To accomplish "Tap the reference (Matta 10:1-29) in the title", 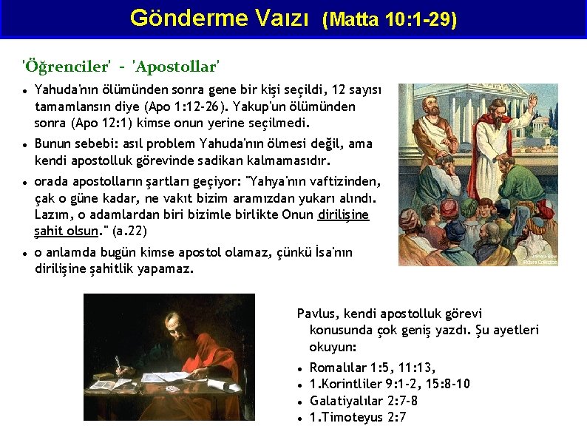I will (x=389, y=20).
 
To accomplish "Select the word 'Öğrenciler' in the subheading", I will (x=66, y=67).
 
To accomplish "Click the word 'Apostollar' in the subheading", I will (x=175, y=67).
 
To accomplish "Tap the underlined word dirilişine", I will (x=342, y=214).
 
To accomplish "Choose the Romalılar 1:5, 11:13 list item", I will (x=372, y=368).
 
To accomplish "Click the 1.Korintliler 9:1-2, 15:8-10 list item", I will (x=389, y=384).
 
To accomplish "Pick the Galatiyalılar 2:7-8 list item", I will (x=363, y=401).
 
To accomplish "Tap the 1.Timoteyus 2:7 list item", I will (x=357, y=417).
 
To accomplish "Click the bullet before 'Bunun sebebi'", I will (x=25, y=144).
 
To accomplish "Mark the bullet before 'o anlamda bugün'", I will (x=25, y=253).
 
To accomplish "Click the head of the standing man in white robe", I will (x=489, y=103).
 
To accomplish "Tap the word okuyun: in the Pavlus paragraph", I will (x=333, y=347).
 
